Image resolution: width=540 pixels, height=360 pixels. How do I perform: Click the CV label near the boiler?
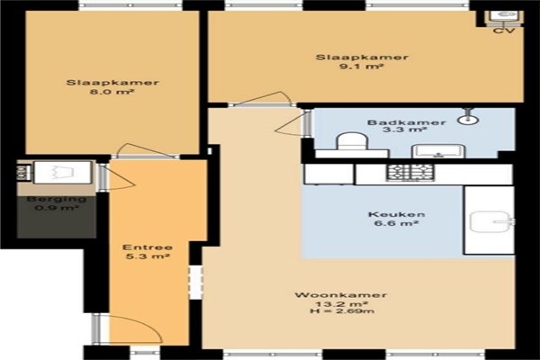pyautogui.click(x=504, y=31)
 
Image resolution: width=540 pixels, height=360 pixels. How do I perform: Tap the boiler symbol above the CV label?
pyautogui.click(x=504, y=17)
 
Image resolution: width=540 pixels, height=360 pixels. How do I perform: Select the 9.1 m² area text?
pyautogui.click(x=361, y=66)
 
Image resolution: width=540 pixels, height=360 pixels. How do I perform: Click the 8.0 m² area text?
pyautogui.click(x=112, y=92)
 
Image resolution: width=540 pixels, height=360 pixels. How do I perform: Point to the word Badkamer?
pyautogui.click(x=407, y=122)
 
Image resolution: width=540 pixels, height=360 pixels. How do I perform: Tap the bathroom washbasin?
pyautogui.click(x=438, y=151)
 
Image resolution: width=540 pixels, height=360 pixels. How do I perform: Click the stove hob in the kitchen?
pyautogui.click(x=409, y=172)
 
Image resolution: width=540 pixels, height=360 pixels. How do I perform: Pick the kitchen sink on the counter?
pyautogui.click(x=491, y=221)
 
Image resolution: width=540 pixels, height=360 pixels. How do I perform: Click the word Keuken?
pyautogui.click(x=396, y=214)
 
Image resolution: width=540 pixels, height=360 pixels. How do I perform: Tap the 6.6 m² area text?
pyautogui.click(x=396, y=223)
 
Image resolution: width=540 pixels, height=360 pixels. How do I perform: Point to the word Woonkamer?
pyautogui.click(x=340, y=295)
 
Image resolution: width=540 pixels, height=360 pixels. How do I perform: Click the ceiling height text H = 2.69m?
pyautogui.click(x=342, y=311)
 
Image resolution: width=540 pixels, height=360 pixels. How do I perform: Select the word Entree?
pyautogui.click(x=148, y=247)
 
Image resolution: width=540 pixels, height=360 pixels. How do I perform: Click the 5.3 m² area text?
pyautogui.click(x=148, y=256)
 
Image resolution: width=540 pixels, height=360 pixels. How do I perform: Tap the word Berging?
pyautogui.click(x=57, y=199)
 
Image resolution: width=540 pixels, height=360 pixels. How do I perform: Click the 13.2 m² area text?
pyautogui.click(x=342, y=304)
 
